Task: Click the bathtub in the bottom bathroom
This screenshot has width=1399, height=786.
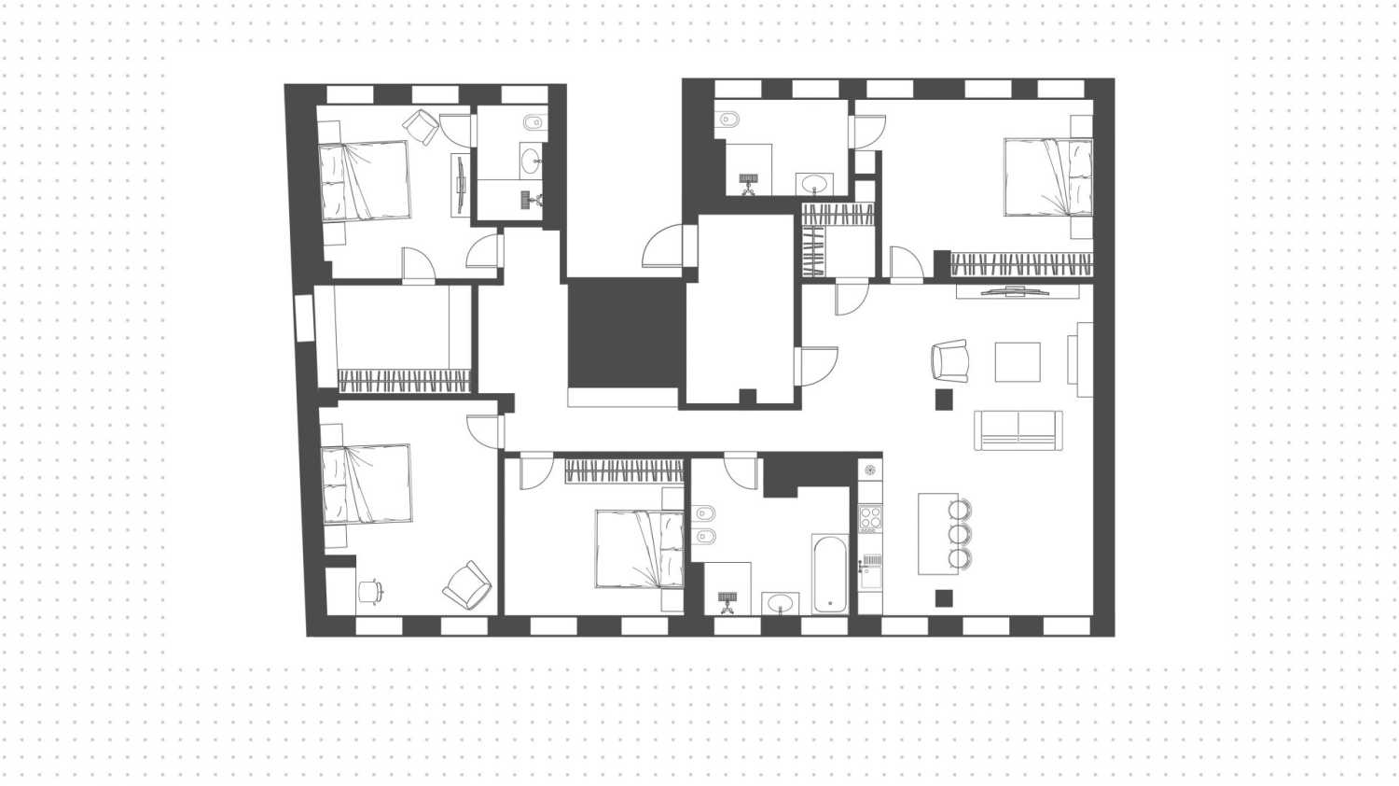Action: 830,573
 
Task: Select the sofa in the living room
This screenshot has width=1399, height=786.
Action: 1018,429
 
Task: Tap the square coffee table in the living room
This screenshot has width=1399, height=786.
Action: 1017,362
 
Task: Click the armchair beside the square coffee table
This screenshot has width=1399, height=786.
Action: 950,360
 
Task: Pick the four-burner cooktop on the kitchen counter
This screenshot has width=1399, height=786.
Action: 869,518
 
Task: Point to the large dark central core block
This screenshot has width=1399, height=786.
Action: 626,333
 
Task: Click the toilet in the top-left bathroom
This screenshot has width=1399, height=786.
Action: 533,123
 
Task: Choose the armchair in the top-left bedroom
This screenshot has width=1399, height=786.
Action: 422,126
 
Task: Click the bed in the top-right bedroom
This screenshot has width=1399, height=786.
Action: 1047,177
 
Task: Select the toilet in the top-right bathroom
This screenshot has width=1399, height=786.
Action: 727,119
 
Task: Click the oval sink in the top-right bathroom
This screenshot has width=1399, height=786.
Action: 815,182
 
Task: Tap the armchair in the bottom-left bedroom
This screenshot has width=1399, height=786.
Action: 467,586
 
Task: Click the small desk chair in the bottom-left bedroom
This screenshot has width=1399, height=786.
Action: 370,590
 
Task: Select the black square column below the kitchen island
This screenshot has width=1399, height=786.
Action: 944,597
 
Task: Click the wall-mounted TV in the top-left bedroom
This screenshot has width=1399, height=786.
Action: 460,185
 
